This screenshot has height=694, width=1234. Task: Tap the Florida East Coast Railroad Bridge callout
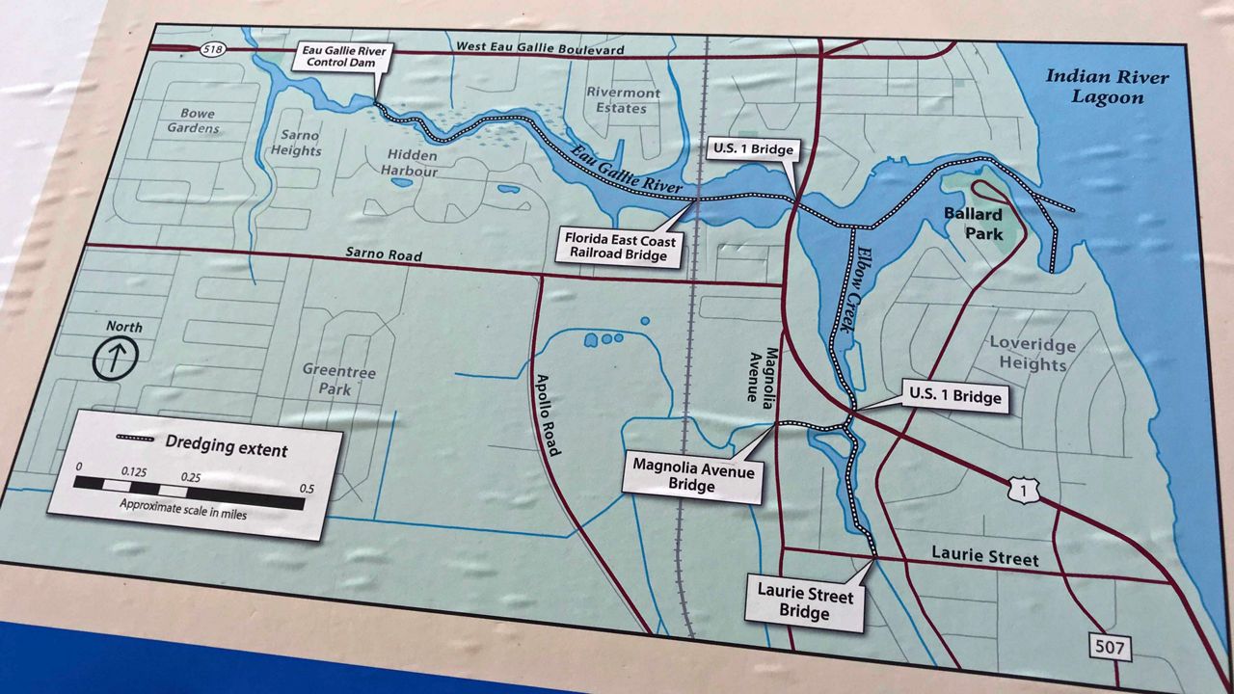pyautogui.click(x=621, y=247)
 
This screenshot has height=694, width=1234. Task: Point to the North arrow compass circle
pyautogui.click(x=116, y=359)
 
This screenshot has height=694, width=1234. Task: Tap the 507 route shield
pyautogui.click(x=1110, y=648)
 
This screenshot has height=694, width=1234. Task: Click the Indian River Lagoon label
pyautogui.click(x=1107, y=88)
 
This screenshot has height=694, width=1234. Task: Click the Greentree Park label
pyautogui.click(x=338, y=381)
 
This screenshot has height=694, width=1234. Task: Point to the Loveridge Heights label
pyautogui.click(x=1027, y=354)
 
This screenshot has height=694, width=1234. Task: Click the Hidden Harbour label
pyautogui.click(x=412, y=163)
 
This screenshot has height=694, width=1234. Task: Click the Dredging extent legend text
pyautogui.click(x=226, y=449)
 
